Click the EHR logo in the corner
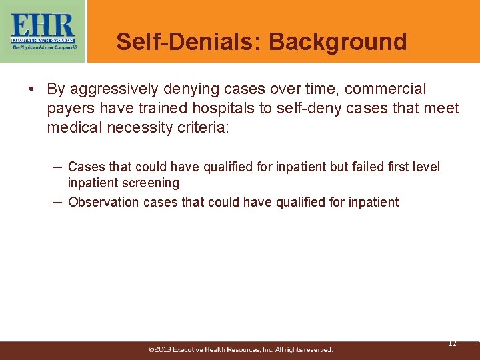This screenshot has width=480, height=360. coord(43,31)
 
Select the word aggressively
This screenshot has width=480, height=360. coord(117,89)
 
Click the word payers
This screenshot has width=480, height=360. coord(69,108)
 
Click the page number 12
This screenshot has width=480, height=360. coord(452,343)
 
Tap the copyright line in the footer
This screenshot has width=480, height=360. coord(241,349)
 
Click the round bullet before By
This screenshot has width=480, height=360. coord(31,89)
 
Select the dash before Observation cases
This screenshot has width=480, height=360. coord(58,201)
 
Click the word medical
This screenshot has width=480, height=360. coord(70,127)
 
